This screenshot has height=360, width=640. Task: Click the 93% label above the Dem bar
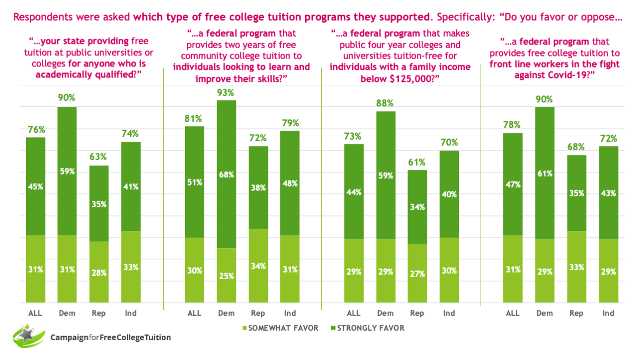pos(226,92)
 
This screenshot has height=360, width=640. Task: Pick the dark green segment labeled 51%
pos(194,182)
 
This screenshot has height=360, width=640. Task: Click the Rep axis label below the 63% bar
pos(99,313)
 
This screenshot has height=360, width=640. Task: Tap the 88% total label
pos(385,103)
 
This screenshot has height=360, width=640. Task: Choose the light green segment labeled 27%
pos(417,273)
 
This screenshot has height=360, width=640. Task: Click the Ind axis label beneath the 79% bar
pos(290,313)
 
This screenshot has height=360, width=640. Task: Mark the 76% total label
pos(36,129)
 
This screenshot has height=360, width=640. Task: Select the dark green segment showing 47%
pos(513,184)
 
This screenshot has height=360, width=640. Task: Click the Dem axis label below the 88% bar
pos(385,313)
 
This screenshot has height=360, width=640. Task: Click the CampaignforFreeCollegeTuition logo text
pos(110,337)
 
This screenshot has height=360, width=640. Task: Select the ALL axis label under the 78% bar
pos(513,313)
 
